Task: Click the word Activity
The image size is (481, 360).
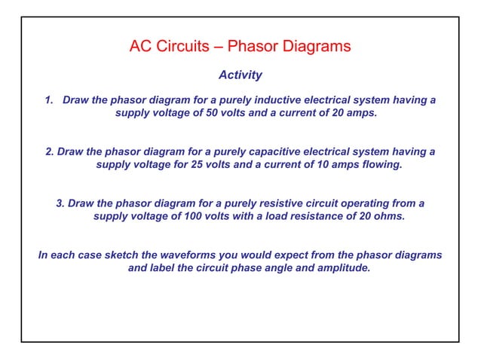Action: coord(240,75)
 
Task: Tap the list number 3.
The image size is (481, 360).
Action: coord(60,203)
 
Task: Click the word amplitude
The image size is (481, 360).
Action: coord(342,268)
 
